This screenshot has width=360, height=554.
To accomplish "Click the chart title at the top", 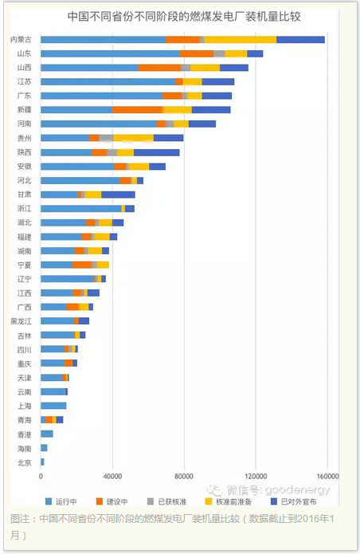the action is click(184, 17).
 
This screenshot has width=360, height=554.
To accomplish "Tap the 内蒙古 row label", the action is click(22, 39).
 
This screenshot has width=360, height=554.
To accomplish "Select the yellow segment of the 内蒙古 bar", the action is click(241, 40).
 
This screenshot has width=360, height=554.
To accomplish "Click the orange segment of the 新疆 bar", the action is click(138, 110).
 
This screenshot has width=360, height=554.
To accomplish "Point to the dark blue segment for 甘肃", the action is click(118, 194).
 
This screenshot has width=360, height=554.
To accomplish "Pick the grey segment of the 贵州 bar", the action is click(106, 138).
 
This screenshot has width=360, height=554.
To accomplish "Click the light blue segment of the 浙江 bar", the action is click(81, 209).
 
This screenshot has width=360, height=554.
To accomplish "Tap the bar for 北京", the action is click(42, 462).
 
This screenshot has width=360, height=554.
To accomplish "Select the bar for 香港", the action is click(47, 434).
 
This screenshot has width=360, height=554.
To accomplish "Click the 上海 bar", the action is click(53, 406).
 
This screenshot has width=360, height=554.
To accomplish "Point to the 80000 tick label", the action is click(184, 476).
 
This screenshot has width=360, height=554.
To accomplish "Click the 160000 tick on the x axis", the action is click(327, 476).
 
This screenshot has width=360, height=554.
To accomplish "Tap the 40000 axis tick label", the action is click(112, 476).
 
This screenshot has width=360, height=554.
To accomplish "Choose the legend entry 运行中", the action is click(61, 501).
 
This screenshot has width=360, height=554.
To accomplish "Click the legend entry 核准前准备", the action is click(229, 501).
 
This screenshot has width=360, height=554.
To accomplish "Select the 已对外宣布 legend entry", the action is click(293, 501).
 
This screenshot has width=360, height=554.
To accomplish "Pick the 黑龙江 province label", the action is click(22, 321).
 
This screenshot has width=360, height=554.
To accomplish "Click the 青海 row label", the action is click(25, 420).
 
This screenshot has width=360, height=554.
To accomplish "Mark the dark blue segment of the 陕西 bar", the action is click(157, 152).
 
